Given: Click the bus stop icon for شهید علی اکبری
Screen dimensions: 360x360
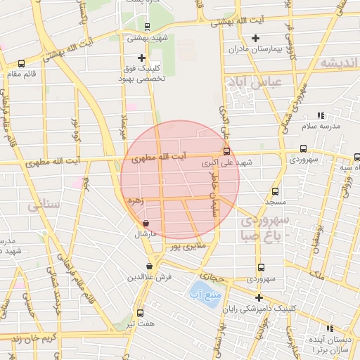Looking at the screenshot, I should [226, 151].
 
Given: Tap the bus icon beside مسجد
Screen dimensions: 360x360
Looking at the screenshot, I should [275, 191].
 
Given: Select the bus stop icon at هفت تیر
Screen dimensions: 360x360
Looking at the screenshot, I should [140, 313].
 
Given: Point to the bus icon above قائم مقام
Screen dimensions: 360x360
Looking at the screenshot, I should [21, 63].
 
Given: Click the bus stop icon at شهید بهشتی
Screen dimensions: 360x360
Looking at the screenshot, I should [147, 27].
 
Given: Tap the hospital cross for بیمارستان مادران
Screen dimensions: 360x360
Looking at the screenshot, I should [255, 38].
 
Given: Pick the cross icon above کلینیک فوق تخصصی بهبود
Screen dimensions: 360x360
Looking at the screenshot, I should [142, 58].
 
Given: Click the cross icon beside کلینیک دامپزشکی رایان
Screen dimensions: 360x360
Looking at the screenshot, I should [258, 297].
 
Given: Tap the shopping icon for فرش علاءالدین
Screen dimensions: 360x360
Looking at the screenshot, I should [149, 266].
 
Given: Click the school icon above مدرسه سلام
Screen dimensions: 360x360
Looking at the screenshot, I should [321, 115].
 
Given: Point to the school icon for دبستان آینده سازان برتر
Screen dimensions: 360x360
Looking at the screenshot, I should [330, 328].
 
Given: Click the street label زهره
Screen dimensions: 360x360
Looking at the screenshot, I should [135, 200].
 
